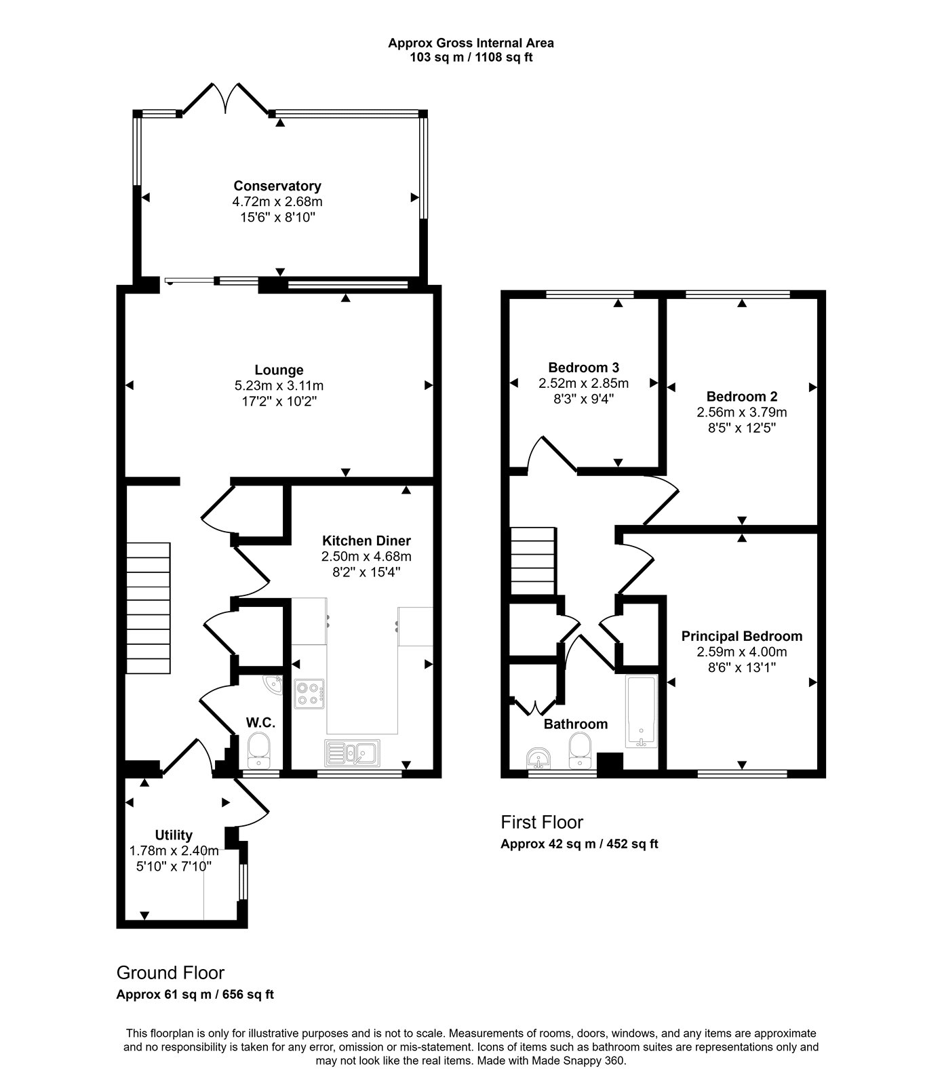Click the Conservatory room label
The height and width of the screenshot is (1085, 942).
tap(277, 186)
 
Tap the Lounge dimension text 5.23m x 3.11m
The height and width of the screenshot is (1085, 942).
tap(279, 386)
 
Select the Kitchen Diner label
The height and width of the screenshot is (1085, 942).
tap(366, 541)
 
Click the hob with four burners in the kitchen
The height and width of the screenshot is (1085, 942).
tap(310, 694)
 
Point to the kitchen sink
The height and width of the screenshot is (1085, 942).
tap(352, 751)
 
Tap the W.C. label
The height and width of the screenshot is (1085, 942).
tap(260, 723)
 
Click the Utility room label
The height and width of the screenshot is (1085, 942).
tap(174, 835)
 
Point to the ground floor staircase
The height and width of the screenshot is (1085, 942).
tap(148, 608)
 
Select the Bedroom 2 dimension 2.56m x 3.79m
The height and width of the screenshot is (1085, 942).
tap(742, 412)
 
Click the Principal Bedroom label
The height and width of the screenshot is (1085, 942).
tap(742, 637)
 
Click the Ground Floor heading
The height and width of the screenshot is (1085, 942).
tap(170, 973)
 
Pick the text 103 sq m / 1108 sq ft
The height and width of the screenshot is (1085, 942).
tap(471, 58)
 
